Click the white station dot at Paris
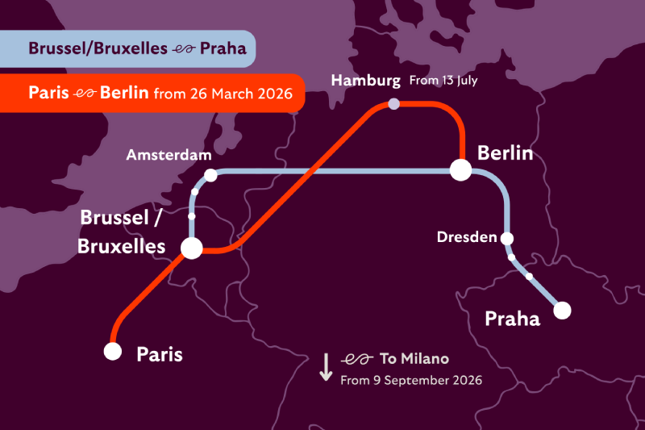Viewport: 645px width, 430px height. [113, 351]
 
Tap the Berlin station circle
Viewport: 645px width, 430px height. [460, 170]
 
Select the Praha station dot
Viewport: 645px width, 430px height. [562, 310]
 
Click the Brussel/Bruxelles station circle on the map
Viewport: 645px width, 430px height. [192, 248]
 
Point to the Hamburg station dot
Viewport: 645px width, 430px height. [393, 104]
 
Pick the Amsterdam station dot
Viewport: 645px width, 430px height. [210, 175]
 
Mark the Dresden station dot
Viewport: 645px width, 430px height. [507, 238]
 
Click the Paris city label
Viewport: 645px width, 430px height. [160, 353]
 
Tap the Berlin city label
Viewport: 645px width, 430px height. [505, 152]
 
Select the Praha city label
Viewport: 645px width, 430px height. [512, 319]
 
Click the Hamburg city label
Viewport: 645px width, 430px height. [365, 81]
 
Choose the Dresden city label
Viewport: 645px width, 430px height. [467, 237]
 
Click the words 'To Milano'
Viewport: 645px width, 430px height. [414, 358]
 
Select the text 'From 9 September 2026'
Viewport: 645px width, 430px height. [411, 379]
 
